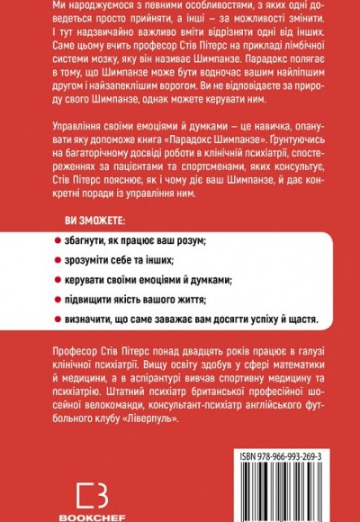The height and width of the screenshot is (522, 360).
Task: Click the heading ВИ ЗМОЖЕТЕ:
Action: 94,221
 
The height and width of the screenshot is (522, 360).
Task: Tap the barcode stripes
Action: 280,468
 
